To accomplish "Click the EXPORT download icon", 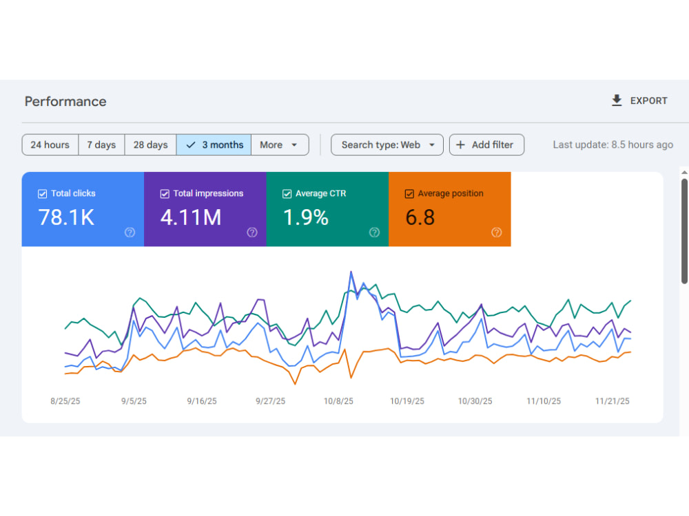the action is (617, 100).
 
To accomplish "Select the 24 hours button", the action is (50, 144).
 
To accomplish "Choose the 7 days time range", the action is (101, 144).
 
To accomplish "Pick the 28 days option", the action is (151, 144).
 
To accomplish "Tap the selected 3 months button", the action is (214, 144).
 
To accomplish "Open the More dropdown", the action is (280, 144).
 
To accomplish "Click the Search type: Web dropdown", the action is (387, 144).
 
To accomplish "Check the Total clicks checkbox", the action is (42, 194).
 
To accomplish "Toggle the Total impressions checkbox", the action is (165, 194).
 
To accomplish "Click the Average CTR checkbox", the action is (287, 194).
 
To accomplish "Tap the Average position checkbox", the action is (409, 194).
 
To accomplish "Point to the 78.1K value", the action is (66, 217).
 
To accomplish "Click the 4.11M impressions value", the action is (191, 217).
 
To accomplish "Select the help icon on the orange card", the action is (497, 233).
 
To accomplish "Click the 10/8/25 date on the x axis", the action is (338, 401).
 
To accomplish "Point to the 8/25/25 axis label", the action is (65, 401).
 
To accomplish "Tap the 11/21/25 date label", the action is (612, 401).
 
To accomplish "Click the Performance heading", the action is (65, 101).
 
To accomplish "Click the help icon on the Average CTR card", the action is (374, 233).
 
